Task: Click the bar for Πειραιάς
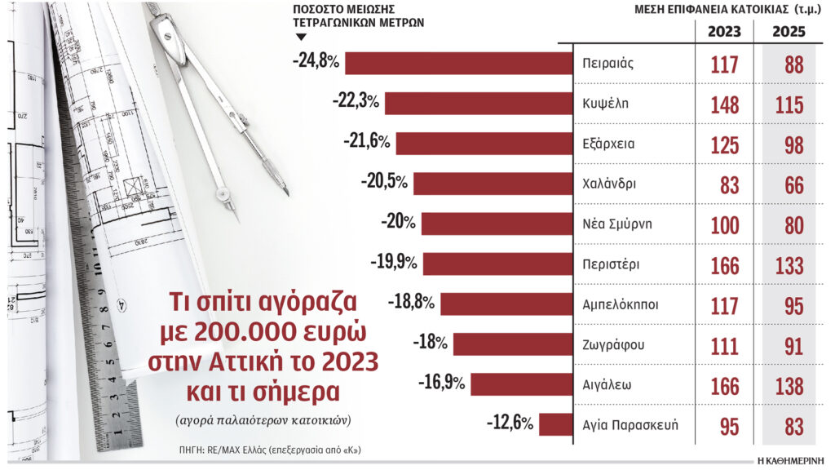tap(461, 64)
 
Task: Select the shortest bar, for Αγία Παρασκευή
tap(555, 424)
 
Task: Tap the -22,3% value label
tap(356, 103)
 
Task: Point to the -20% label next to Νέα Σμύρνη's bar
tap(398, 223)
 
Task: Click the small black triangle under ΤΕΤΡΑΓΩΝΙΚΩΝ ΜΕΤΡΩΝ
tap(300, 38)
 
